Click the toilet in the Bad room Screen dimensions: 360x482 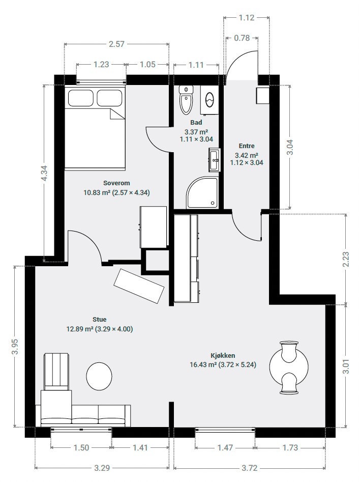(x=186, y=100)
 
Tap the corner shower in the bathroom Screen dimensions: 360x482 (x=203, y=192)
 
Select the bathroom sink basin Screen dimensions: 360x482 (x=214, y=160)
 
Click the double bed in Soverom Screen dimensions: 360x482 (x=95, y=128)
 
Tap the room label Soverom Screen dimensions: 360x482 (x=116, y=183)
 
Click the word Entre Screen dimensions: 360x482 (x=247, y=146)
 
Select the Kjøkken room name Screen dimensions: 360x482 (x=223, y=355)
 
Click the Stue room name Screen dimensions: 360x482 (x=100, y=320)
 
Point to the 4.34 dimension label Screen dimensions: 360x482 (x=44, y=174)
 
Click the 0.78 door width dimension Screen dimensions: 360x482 (x=242, y=38)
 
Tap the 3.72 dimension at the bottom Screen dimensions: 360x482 (x=250, y=468)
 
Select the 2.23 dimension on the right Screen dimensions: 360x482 (x=346, y=259)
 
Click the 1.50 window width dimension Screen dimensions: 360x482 (x=81, y=447)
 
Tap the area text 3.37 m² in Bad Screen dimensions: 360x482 (x=196, y=132)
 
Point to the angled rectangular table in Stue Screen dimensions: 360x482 (x=139, y=286)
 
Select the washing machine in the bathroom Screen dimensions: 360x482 (x=209, y=100)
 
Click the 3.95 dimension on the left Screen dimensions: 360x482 (x=15, y=346)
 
